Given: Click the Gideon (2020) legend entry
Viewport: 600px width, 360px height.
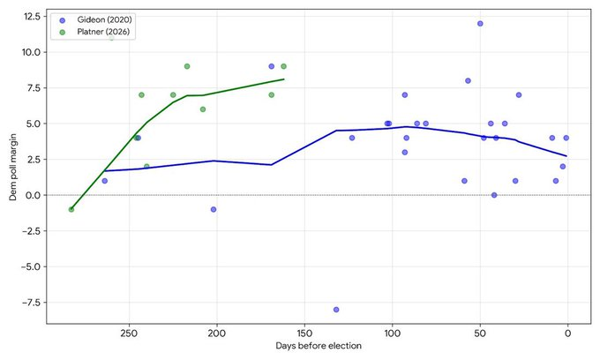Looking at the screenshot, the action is [x=95, y=20].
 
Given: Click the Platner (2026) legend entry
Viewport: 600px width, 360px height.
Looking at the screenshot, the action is [x=95, y=32].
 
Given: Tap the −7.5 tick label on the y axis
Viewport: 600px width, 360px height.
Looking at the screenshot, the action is [x=31, y=303].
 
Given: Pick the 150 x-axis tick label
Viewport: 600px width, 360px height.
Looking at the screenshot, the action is [x=304, y=334].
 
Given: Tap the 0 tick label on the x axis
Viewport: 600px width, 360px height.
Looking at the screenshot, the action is [x=568, y=334].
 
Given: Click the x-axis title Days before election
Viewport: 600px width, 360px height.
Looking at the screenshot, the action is [x=319, y=346].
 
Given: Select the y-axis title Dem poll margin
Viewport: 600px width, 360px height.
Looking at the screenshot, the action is [x=13, y=167].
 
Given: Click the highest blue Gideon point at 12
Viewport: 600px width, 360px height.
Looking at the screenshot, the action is [x=480, y=23].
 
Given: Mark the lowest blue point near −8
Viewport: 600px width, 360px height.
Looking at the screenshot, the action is [x=336, y=310].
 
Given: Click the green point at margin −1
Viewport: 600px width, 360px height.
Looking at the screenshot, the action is [x=71, y=209].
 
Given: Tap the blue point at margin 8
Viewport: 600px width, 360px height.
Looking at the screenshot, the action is [x=468, y=80].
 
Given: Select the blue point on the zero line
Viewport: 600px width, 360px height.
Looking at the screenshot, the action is [x=494, y=195].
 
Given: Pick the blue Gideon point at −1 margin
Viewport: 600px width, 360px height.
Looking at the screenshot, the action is [x=214, y=209].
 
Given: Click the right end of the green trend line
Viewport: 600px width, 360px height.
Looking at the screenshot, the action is [x=284, y=79].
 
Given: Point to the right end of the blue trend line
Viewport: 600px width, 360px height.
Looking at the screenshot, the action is [x=566, y=155].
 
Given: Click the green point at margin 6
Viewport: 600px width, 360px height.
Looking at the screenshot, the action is [x=203, y=109].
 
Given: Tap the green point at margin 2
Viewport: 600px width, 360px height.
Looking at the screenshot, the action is [x=146, y=167].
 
